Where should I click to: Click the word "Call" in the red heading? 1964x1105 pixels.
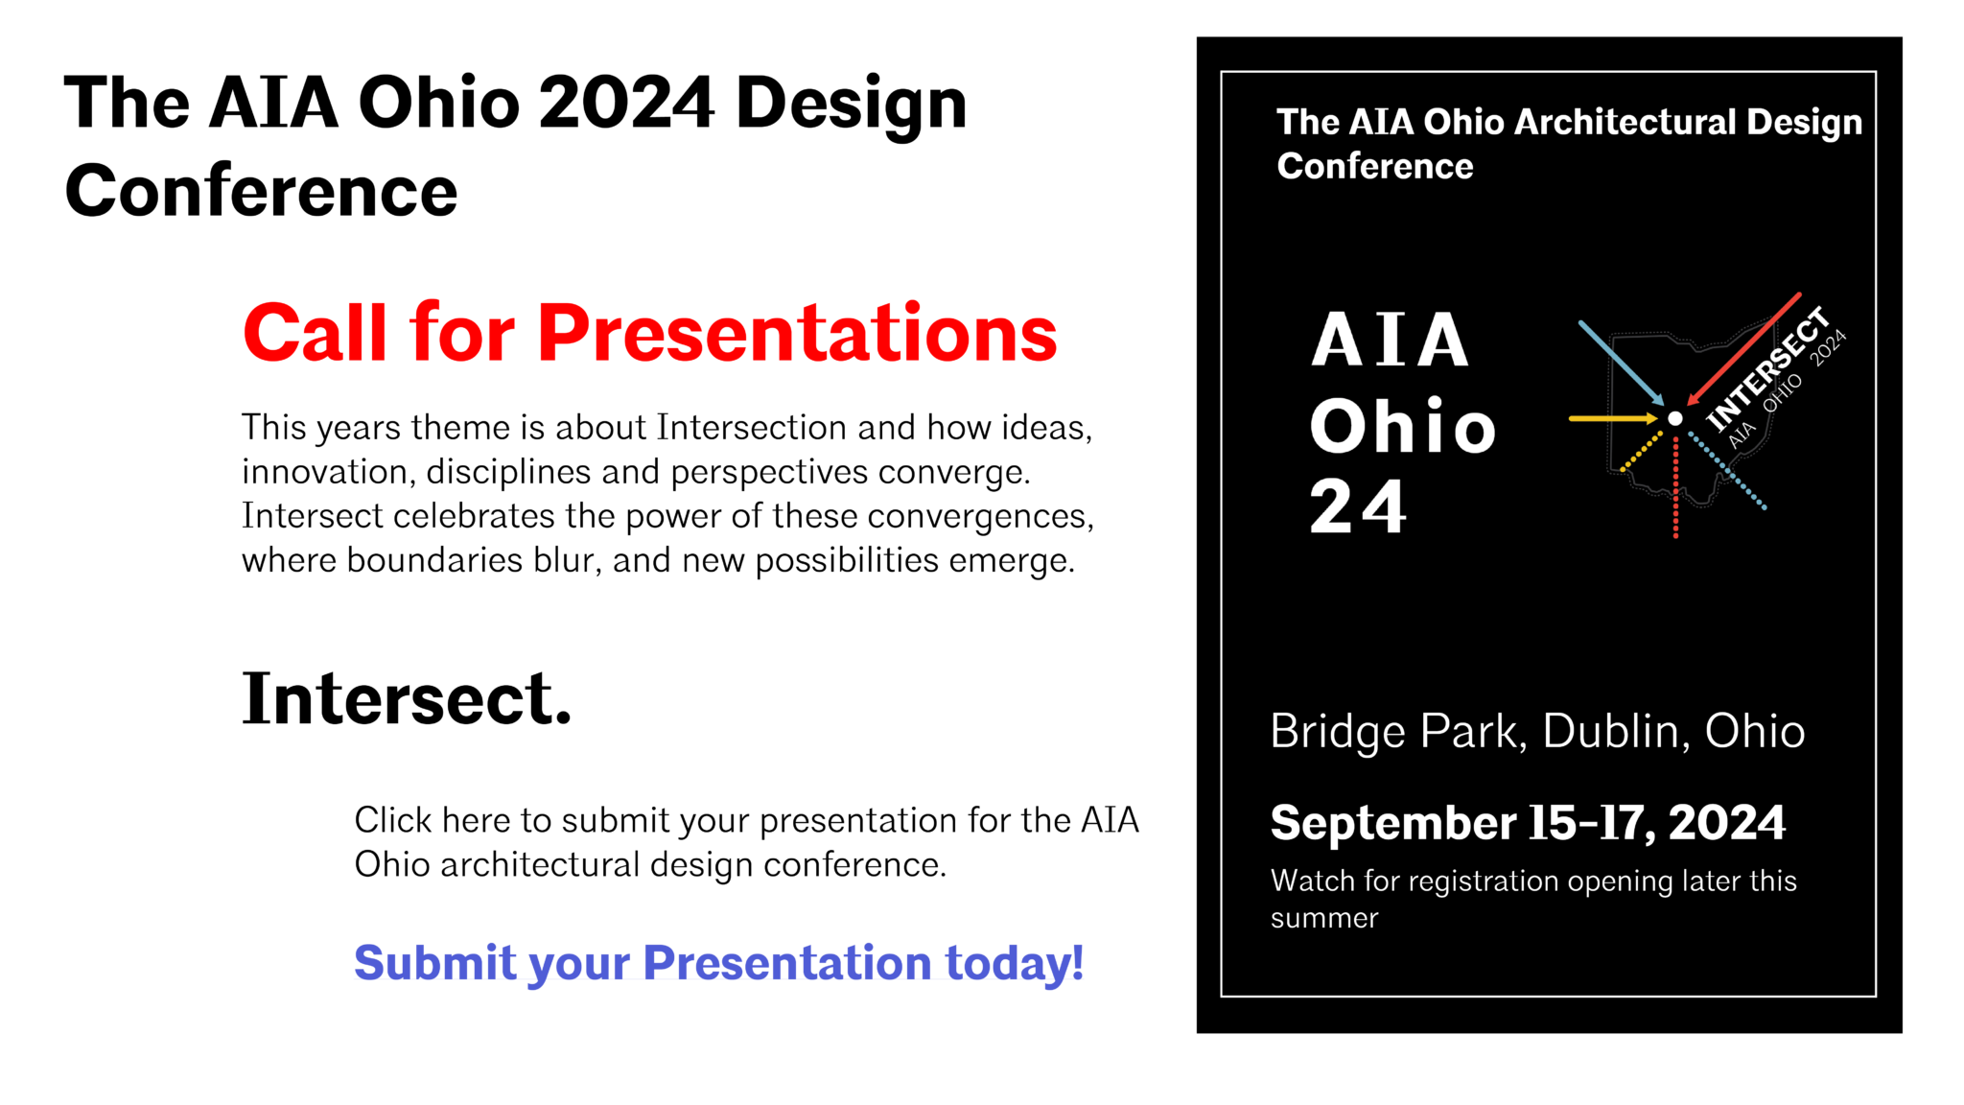coord(316,333)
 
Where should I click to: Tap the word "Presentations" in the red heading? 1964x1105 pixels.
coord(797,333)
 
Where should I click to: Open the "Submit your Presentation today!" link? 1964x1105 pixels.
coord(718,962)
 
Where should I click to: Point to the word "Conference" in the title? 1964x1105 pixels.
coord(1374,167)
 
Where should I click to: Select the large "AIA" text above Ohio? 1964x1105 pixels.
coord(1390,341)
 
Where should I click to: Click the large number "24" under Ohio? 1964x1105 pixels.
coord(1358,507)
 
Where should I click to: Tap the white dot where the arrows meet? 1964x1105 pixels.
coord(1674,418)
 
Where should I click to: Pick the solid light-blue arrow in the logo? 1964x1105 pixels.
coord(1620,363)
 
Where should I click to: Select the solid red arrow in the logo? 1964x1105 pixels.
coord(1744,347)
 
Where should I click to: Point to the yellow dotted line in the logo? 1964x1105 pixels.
coord(1641,452)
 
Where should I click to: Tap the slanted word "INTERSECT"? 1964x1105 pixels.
coord(1768,368)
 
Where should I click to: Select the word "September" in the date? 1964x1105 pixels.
coord(1393,823)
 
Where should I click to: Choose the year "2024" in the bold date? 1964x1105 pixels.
coord(1726,823)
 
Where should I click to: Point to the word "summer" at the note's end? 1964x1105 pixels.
coord(1323,919)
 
